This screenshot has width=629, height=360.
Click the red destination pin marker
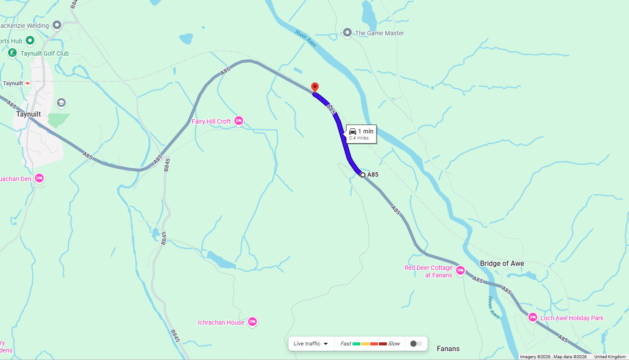(x=315, y=87)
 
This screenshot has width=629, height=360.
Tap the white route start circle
(x=363, y=175)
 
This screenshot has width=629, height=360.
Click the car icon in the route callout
(x=353, y=131)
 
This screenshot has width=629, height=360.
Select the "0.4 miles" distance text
(x=359, y=138)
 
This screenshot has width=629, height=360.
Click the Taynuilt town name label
(x=28, y=114)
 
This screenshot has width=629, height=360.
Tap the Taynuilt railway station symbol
(x=28, y=83)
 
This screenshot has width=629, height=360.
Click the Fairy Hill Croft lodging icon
(x=239, y=121)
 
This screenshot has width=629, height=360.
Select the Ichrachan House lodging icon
(x=252, y=322)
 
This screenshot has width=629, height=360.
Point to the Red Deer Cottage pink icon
(x=460, y=270)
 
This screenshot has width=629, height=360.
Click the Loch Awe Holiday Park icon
(x=533, y=318)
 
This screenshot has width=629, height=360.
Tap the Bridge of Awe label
(x=502, y=264)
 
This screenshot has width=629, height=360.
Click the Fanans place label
(x=448, y=349)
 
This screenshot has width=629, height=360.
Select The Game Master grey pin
(x=347, y=32)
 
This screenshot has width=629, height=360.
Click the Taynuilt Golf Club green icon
(x=12, y=53)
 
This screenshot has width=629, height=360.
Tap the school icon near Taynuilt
(x=61, y=102)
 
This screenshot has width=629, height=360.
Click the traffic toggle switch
(x=416, y=344)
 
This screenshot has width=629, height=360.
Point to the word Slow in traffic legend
(x=394, y=344)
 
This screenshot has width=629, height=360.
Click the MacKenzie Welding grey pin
(x=57, y=25)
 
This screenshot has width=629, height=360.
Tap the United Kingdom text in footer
(x=610, y=357)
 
